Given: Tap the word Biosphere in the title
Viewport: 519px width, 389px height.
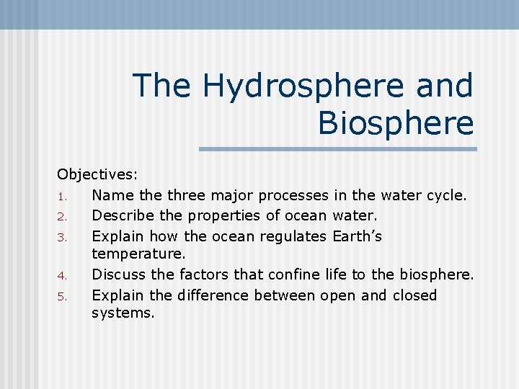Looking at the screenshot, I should (395, 122).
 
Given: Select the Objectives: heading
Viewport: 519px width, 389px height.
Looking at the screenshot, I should (97, 174).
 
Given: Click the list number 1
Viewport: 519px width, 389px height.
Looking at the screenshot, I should (63, 196).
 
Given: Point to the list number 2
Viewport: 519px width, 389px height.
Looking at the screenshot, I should (63, 216).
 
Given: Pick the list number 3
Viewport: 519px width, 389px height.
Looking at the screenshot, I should (63, 236).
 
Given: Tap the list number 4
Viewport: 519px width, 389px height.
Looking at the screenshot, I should (63, 275).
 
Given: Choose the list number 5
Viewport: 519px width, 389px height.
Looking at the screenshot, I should (63, 296).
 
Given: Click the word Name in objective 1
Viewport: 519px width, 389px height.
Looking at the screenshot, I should (111, 195).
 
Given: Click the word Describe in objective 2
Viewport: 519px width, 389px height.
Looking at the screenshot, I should (120, 215).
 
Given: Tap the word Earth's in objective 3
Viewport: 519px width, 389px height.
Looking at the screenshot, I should (358, 236).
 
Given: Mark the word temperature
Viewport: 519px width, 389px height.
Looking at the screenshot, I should (138, 254).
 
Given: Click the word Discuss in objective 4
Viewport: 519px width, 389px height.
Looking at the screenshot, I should (118, 274).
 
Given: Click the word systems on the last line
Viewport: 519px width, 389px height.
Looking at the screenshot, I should (123, 313).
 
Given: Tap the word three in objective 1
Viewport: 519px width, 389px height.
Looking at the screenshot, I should (187, 195).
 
